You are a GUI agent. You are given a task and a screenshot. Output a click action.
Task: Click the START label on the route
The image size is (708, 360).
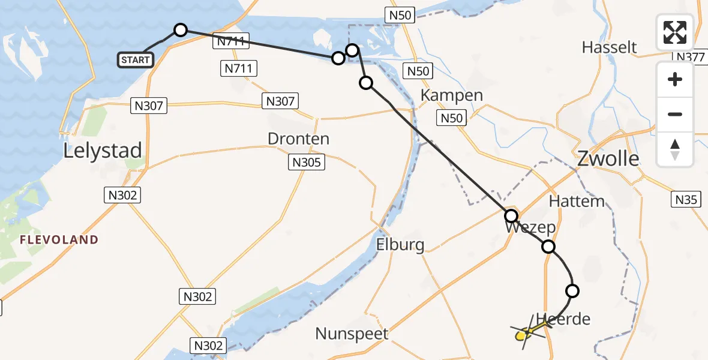coord(136,60)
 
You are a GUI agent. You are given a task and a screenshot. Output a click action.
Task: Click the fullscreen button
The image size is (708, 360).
coord(675,32)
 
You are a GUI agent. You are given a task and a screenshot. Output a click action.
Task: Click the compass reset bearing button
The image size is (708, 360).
coord(675,149)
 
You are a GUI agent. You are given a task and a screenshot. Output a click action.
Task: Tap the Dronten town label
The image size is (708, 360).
coord(298,139)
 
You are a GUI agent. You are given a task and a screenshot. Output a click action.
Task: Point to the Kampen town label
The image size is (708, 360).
coord(451,95)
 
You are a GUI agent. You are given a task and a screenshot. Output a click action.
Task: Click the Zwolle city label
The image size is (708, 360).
coord(607,159)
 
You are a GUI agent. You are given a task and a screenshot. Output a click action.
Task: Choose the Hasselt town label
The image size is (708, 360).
coord(609,47)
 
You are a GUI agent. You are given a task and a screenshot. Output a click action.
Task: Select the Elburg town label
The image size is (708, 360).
coord(400,245)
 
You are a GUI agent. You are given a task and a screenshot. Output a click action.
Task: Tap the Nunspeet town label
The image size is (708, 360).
coord(352,334)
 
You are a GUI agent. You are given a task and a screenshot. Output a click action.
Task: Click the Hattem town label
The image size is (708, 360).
coord(577,201)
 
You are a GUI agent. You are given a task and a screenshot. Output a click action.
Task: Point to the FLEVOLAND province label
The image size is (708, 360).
coord(59,240)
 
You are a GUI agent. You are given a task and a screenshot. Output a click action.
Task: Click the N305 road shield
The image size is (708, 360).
coord(307,162)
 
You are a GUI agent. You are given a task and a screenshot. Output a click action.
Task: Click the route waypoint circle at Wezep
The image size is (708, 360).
coord(511,216)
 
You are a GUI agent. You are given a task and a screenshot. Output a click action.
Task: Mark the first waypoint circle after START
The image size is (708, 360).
coord(180,30)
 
